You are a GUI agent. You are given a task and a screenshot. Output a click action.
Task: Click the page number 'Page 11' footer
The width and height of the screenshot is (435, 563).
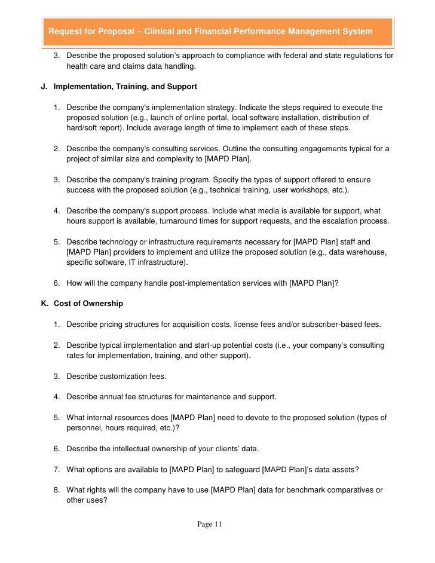tap(209, 524)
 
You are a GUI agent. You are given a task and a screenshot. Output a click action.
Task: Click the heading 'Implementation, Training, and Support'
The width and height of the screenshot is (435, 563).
tap(125, 87)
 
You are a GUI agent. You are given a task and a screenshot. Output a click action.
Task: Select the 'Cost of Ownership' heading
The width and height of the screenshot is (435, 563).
tap(88, 304)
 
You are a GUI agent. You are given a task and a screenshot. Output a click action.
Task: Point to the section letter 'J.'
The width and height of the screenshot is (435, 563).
tap(43, 87)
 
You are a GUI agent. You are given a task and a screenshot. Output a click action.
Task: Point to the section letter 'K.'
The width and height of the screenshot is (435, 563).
tap(44, 304)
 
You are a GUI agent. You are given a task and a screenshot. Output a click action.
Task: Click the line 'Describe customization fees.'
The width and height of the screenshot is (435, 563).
tap(117, 377)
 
